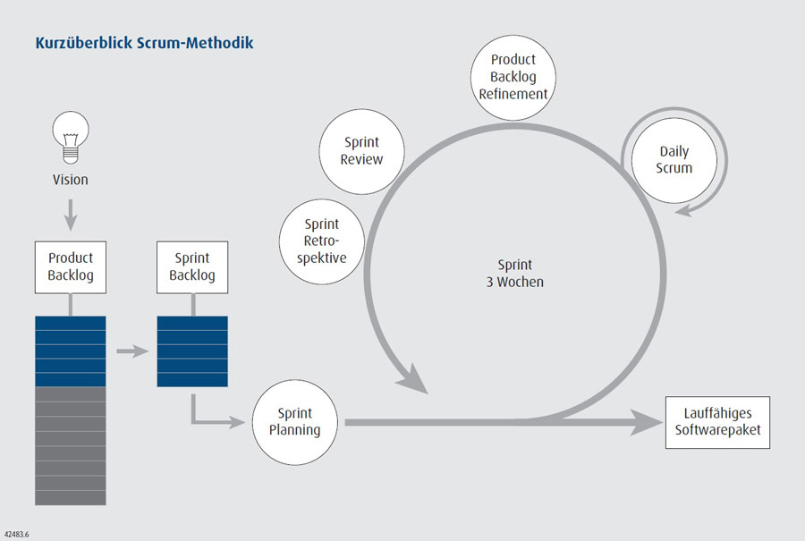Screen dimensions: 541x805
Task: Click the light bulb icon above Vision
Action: tap(70, 135)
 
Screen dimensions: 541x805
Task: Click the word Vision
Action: tap(70, 179)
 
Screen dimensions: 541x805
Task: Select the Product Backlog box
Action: tap(70, 266)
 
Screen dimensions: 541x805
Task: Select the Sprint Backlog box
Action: tap(191, 266)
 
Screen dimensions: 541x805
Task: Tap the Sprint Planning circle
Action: tap(294, 422)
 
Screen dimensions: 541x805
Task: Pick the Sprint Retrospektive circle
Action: tap(321, 241)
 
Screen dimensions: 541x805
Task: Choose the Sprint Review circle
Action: tap(361, 150)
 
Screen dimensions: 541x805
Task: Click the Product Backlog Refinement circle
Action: tap(513, 77)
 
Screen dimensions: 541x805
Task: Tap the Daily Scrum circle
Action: tap(674, 159)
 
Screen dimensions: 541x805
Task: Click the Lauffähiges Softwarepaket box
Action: tap(717, 423)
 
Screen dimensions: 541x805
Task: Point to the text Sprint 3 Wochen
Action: tap(514, 273)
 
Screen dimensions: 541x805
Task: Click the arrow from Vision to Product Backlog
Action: tap(70, 215)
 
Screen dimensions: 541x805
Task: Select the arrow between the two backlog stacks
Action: tap(131, 350)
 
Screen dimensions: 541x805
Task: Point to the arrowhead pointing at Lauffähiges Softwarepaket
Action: tap(646, 422)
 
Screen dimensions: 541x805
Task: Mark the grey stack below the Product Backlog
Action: tap(70, 444)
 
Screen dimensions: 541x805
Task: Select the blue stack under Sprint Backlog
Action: tap(191, 351)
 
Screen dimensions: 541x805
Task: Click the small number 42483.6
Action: tap(17, 533)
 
